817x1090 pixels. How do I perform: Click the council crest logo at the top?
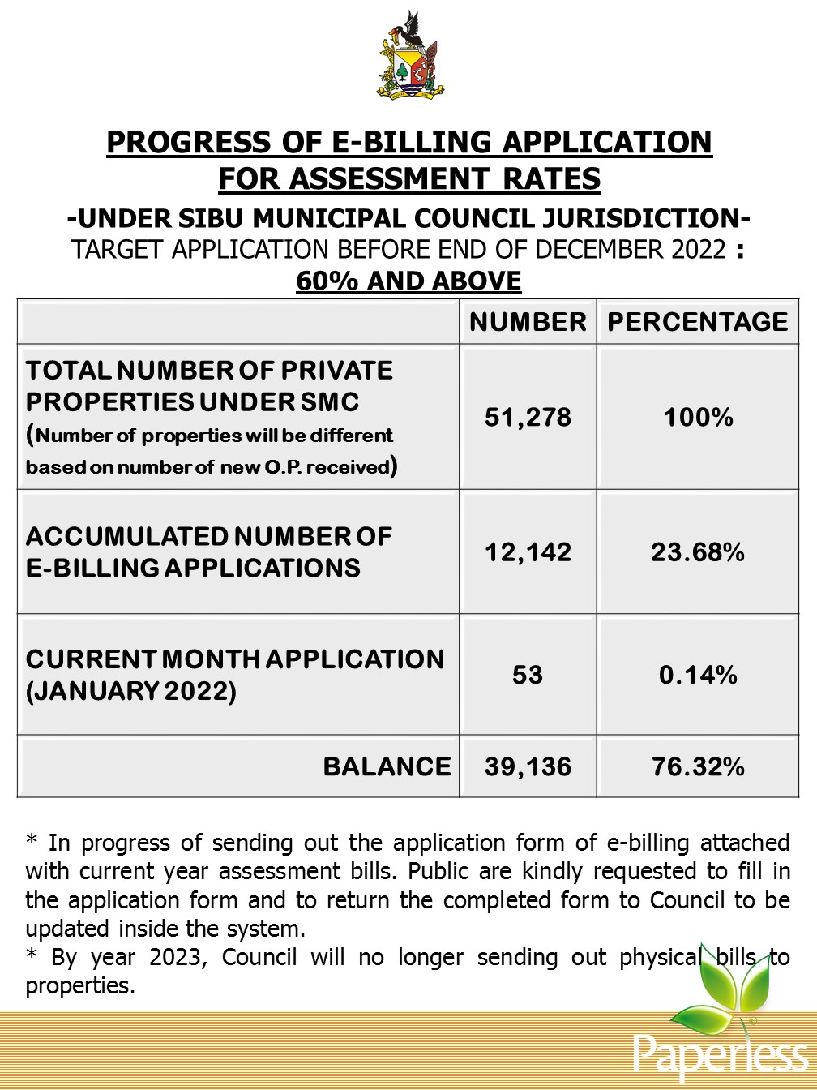tap(410, 57)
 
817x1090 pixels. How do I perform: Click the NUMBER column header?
tap(528, 322)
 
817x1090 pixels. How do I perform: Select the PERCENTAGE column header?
tap(698, 322)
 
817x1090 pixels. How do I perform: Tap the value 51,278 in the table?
tap(528, 418)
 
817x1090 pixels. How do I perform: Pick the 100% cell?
tap(698, 418)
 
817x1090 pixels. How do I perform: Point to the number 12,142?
tap(528, 552)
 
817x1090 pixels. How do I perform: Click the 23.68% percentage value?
tap(698, 552)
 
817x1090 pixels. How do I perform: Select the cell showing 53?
tap(528, 675)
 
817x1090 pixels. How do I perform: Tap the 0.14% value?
tap(698, 675)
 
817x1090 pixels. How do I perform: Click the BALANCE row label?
tap(387, 766)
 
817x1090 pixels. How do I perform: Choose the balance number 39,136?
tap(528, 766)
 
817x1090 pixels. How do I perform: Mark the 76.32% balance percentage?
tap(698, 766)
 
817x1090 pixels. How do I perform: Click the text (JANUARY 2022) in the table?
tap(131, 692)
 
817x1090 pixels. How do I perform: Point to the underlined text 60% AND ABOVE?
tap(408, 281)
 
